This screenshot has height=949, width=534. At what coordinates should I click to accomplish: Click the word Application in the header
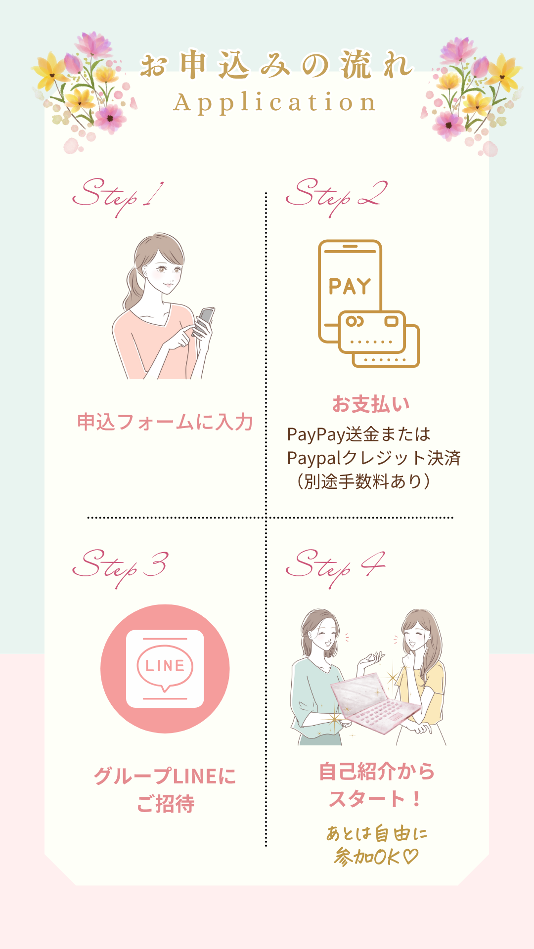[275, 103]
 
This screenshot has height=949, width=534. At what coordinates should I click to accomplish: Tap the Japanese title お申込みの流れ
[276, 65]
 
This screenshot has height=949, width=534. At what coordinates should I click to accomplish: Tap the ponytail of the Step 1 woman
[133, 287]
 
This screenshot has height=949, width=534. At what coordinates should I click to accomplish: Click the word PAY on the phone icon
[350, 287]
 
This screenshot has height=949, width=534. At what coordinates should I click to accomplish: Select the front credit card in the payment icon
[372, 332]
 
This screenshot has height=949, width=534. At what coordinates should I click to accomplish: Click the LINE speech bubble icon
[165, 667]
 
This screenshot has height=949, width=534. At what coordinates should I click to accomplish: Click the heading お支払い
[371, 404]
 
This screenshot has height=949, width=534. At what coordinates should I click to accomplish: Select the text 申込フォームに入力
[165, 422]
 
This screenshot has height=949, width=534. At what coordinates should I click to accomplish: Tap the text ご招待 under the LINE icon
[165, 804]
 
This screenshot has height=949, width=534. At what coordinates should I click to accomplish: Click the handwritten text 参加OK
[376, 857]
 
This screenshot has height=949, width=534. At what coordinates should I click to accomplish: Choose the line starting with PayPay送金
[358, 434]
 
